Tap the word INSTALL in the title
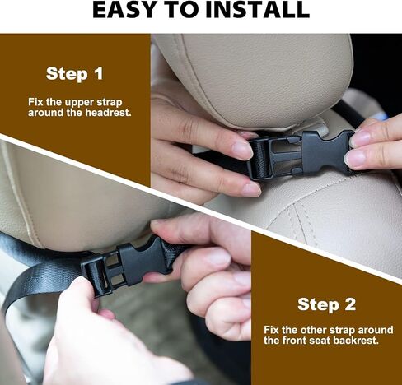tap(257, 10)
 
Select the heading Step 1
tap(75, 73)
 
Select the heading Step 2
tap(326, 304)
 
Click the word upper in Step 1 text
tap(79, 103)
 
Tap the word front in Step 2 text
tap(293, 341)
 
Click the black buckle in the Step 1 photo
tap(299, 155)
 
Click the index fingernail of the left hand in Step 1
tap(241, 151)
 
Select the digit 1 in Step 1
tap(98, 73)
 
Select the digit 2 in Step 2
tap(349, 304)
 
